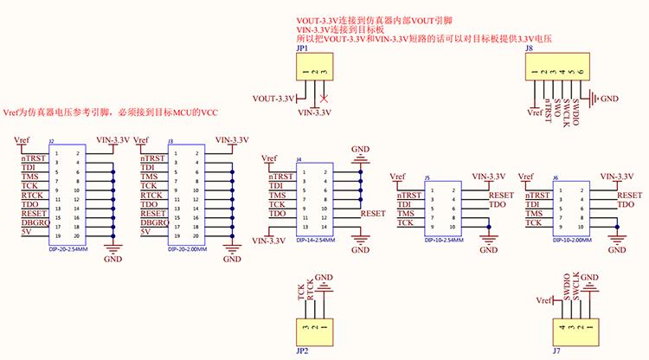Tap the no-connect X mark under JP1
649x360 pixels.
coord(324,97)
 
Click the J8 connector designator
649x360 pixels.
coord(528,50)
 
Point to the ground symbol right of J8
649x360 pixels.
coord(593,98)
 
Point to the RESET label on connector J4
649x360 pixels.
coord(373,212)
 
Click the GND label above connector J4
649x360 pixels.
coord(360,150)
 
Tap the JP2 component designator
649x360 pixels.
coord(302,352)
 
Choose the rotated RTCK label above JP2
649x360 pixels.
coord(311,292)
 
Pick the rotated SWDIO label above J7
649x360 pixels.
coord(566,288)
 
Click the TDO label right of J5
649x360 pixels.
coord(497,204)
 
